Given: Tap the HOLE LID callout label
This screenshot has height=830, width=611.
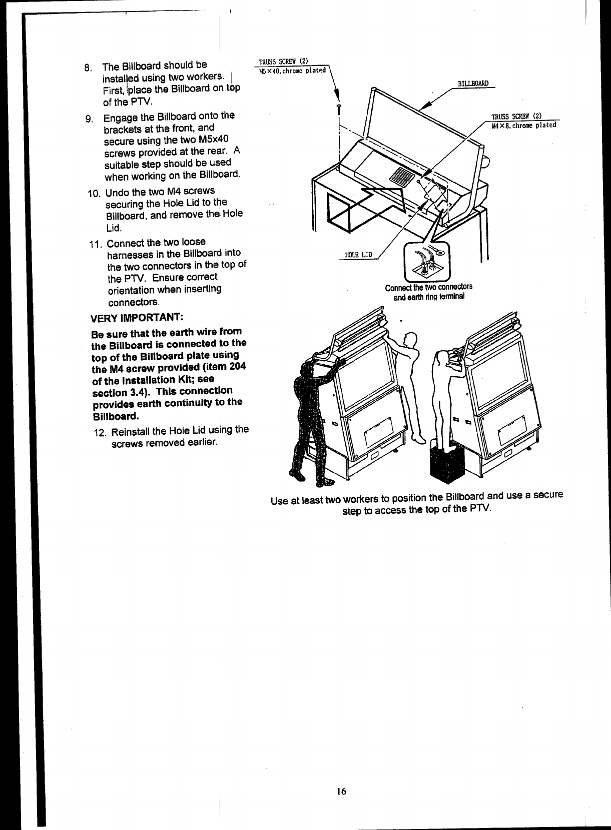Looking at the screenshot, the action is (358, 255).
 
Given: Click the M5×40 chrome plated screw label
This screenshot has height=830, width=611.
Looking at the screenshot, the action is (292, 70).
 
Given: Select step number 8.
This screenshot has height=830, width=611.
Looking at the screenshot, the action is (88, 68).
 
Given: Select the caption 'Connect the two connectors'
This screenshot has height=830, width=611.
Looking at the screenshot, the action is (428, 288).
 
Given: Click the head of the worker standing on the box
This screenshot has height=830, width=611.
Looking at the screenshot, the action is (442, 359).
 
